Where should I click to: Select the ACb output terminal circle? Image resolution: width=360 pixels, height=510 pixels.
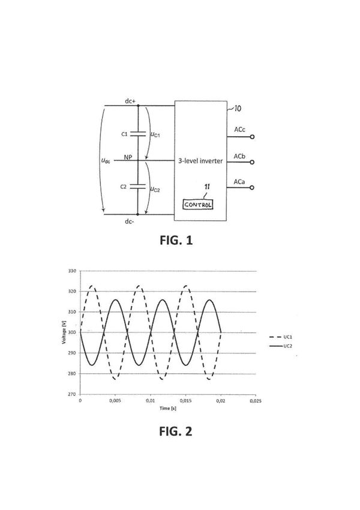pos(253,163)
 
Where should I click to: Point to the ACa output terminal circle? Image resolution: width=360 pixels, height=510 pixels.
pos(253,188)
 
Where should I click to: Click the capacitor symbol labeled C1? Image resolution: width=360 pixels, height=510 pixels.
pos(138,134)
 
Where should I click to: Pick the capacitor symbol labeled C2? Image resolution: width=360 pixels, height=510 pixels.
pos(138,187)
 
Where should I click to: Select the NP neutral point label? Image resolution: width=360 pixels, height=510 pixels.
pos(128,158)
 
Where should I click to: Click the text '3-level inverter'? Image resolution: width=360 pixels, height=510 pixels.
pos(201,161)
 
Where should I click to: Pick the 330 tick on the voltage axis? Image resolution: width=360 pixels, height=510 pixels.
pos(71,271)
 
